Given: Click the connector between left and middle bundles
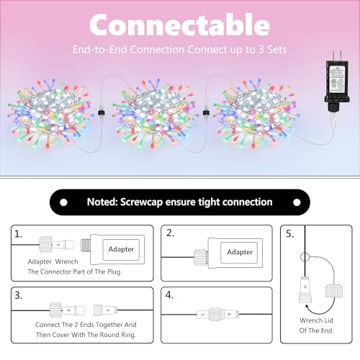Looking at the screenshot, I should pyautogui.click(x=107, y=114).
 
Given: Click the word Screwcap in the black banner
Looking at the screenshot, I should pyautogui.click(x=168, y=202).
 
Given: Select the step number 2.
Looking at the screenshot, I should pyautogui.click(x=171, y=233).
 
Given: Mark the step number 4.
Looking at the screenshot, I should pyautogui.click(x=171, y=295).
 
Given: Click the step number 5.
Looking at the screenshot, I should pyautogui.click(x=291, y=234).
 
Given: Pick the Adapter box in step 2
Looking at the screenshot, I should pyautogui.click(x=239, y=252).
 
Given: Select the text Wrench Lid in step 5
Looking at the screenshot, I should pyautogui.click(x=315, y=320).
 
